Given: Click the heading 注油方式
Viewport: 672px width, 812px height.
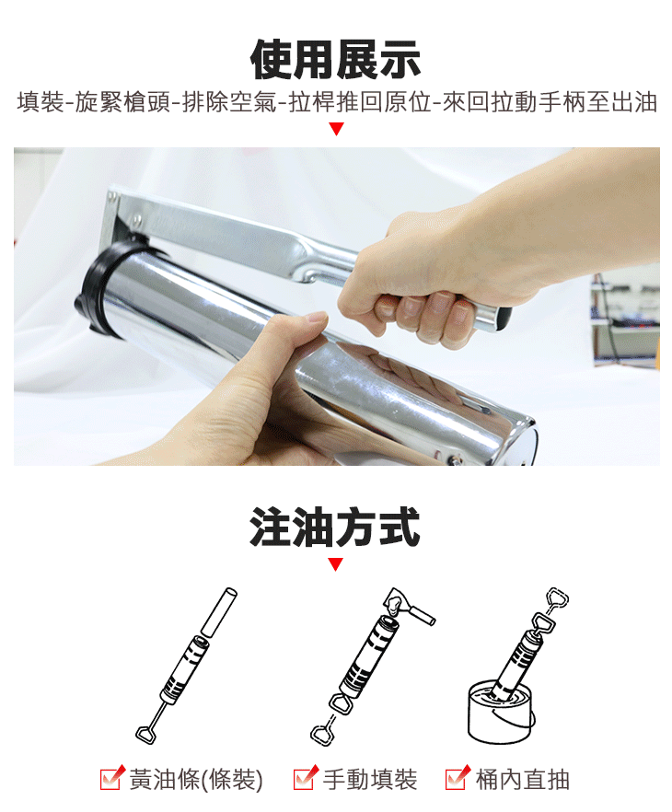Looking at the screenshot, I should click(335, 528).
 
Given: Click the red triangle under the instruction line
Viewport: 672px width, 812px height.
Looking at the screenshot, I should click(336, 129).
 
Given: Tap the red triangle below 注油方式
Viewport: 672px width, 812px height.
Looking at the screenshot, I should click(336, 564).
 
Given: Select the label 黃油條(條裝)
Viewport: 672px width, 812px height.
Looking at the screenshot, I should click(196, 780).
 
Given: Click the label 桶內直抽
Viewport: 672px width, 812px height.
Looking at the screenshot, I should click(522, 780).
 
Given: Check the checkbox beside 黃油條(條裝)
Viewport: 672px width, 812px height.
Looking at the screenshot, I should click(111, 779).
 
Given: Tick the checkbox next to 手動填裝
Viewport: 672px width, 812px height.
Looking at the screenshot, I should click(305, 779).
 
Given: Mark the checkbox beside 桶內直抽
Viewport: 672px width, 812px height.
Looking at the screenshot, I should click(457, 779).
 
